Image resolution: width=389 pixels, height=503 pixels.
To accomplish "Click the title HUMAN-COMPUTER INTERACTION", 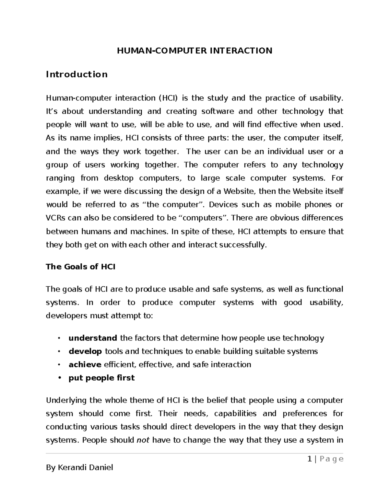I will point(194,51).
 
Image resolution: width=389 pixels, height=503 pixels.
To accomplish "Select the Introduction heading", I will point(77,74).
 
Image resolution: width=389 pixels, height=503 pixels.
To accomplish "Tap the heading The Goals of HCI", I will point(80,267).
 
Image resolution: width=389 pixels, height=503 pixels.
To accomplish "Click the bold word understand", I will point(93,338).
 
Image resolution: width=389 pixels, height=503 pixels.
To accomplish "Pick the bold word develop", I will point(85,351).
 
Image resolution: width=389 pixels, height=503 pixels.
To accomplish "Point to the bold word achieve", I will point(85,365).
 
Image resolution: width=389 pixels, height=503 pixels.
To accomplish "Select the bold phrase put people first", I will point(101,378).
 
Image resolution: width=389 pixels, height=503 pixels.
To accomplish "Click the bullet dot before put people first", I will point(59,378).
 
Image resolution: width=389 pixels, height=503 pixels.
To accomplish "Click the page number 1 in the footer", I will point(310,459).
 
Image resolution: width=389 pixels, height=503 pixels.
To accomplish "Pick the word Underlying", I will point(66,400).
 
